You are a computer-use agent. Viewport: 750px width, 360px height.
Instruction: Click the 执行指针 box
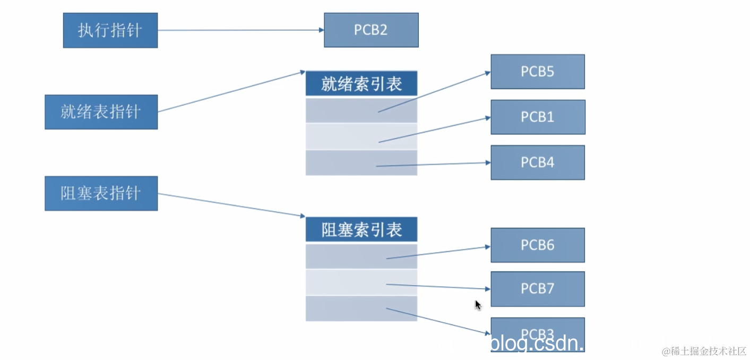(x=110, y=30)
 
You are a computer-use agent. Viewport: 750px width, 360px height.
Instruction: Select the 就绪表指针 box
(x=101, y=112)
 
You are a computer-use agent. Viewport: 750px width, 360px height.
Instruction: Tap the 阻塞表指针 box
(x=101, y=193)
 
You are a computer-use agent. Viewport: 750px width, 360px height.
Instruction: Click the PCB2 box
(x=371, y=30)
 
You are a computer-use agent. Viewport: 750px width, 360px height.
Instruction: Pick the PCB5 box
(x=537, y=72)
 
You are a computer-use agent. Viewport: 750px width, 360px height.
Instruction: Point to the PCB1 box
(x=537, y=117)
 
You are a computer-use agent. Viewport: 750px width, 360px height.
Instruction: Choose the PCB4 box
(x=537, y=162)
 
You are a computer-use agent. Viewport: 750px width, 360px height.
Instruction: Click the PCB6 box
(x=537, y=245)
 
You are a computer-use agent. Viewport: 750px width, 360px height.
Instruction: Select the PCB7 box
(x=537, y=289)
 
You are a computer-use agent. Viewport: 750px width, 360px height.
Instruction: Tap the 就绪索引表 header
(x=361, y=84)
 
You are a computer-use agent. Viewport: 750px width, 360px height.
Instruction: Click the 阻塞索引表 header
(x=361, y=230)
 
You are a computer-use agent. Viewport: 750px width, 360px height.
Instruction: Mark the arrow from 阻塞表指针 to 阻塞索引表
(x=231, y=205)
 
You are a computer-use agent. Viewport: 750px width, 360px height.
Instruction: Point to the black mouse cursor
(x=478, y=305)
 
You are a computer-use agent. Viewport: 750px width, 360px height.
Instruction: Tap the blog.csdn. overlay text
(x=536, y=344)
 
